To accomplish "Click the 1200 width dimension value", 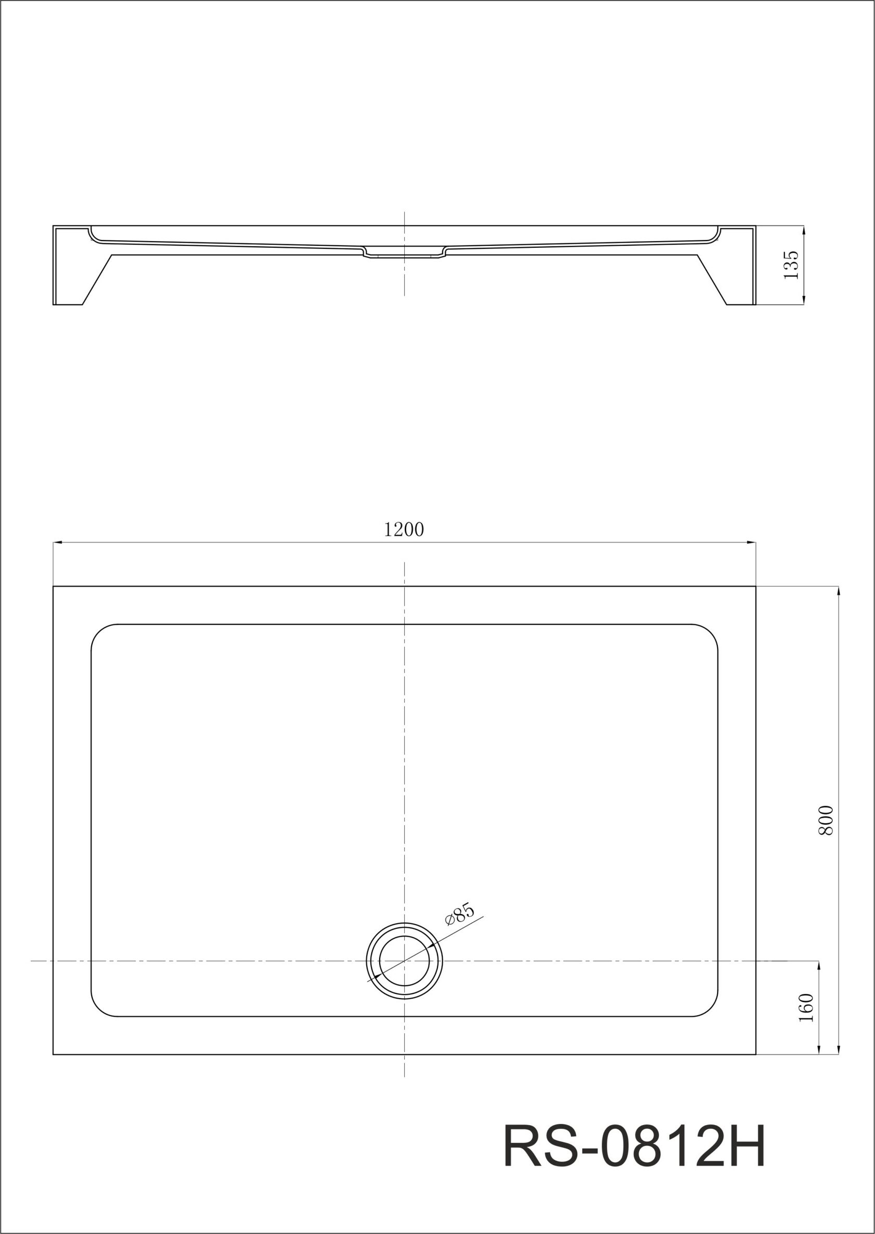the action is (x=404, y=530).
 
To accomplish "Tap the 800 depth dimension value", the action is (x=826, y=820).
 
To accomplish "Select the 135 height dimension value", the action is (x=791, y=265).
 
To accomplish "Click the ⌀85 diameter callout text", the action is (x=459, y=914).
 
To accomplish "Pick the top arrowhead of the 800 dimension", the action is (x=839, y=591).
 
